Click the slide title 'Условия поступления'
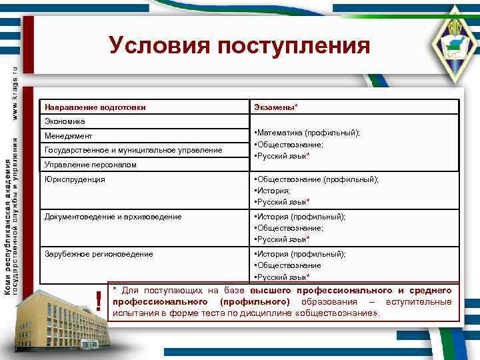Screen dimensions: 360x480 (239, 45)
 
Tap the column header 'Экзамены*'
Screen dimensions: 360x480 (276, 107)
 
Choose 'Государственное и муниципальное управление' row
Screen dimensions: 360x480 (133, 151)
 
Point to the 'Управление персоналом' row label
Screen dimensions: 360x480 (90, 164)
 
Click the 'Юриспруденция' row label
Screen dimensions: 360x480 (75, 179)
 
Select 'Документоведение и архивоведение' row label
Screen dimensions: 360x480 (113, 217)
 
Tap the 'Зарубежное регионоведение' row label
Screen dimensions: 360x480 (99, 254)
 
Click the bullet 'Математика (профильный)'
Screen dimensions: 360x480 (307, 133)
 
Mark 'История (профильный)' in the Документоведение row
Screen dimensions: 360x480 (299, 217)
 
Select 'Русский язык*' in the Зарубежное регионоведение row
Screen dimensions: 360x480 (281, 277)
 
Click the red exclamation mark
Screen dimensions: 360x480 (99, 301)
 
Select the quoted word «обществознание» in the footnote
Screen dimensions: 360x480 (339, 313)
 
